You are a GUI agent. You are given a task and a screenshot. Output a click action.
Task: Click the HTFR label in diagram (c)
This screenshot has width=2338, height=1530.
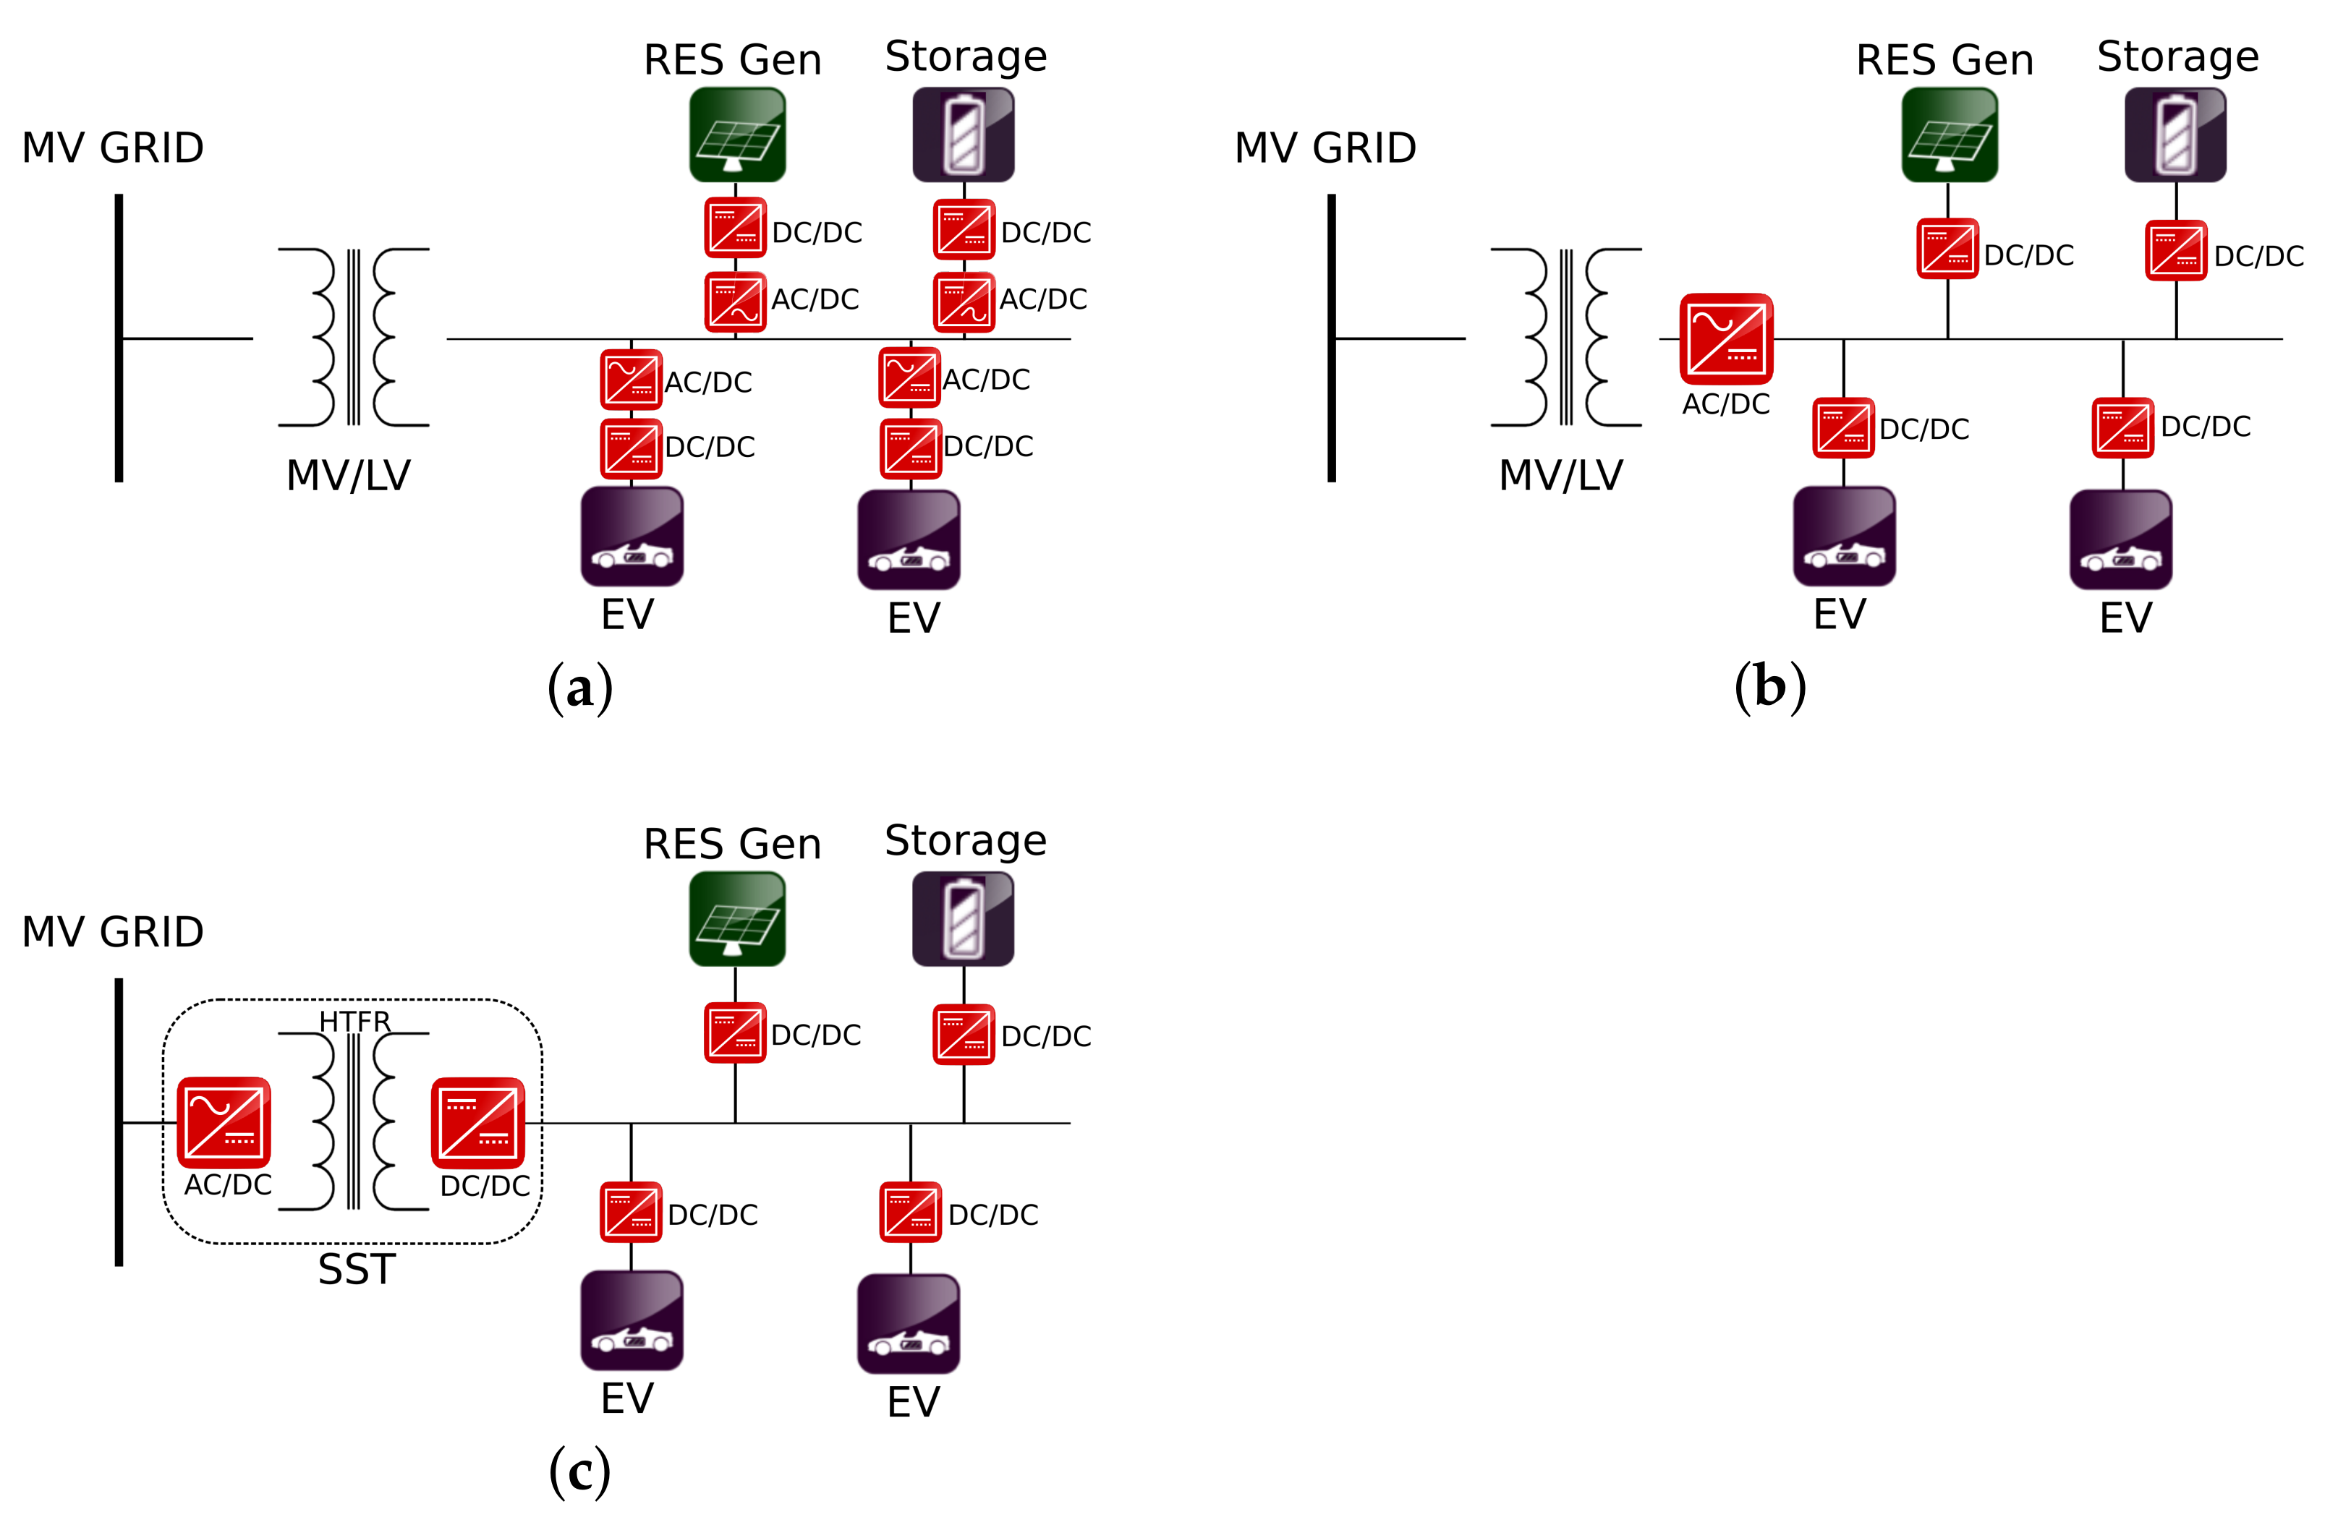point(354,1021)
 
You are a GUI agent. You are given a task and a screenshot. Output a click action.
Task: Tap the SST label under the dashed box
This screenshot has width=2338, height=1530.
point(357,1270)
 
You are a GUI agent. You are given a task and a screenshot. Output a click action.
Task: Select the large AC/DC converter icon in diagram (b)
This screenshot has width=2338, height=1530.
point(1726,339)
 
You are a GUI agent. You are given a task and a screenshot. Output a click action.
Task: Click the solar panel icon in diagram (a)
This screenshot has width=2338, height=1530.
point(736,135)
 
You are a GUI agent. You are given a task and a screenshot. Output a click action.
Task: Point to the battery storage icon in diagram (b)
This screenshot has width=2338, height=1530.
point(2175,135)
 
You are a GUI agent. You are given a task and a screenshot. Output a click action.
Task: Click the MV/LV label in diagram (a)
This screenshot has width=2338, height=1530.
point(348,475)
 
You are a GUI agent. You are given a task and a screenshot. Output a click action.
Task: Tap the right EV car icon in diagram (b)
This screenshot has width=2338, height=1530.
point(2120,539)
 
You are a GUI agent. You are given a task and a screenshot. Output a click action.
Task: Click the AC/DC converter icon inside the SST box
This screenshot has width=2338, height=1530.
point(224,1122)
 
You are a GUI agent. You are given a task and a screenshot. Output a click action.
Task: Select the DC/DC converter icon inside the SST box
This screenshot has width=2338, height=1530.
point(478,1122)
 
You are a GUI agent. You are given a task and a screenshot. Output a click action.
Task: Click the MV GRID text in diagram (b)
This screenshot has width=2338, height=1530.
point(1325,148)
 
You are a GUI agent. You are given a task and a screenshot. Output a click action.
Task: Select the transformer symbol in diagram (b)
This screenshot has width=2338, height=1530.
point(1566,337)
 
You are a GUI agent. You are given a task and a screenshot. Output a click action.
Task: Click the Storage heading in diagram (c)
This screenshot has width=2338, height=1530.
point(966,841)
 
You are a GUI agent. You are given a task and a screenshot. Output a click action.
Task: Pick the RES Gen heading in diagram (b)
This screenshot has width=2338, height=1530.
point(1944,61)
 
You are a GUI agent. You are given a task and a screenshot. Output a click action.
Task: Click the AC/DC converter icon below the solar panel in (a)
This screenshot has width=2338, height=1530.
point(735,301)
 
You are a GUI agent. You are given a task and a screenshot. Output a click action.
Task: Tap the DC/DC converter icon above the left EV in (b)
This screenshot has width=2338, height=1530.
point(1843,428)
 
